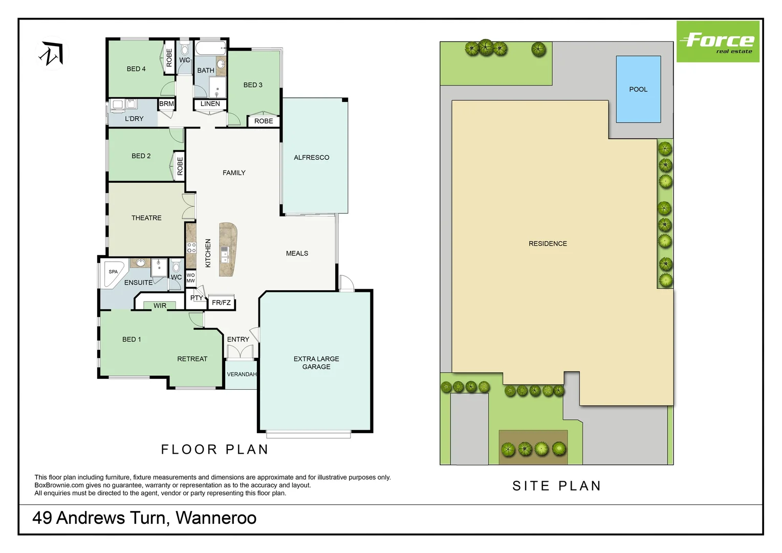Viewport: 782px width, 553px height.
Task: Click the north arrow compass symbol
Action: point(52,54)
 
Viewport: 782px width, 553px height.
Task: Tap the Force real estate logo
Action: point(718,42)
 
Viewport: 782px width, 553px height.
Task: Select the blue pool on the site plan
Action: point(638,89)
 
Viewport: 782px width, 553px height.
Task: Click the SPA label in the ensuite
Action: point(113,272)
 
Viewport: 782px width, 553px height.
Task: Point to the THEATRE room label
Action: point(146,218)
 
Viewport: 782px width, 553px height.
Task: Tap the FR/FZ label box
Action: point(221,303)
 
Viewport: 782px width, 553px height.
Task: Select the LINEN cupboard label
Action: point(210,104)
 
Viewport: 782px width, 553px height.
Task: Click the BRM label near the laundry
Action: point(166,104)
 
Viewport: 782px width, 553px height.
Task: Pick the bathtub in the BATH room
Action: point(210,49)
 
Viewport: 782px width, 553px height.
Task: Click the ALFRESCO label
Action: point(311,158)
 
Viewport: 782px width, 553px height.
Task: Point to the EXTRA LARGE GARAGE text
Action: point(316,363)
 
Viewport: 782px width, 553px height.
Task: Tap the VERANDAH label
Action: point(242,374)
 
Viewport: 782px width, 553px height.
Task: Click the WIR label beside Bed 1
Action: point(160,306)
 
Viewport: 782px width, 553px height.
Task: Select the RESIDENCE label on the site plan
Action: point(548,244)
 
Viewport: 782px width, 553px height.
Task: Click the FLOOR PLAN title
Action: point(214,450)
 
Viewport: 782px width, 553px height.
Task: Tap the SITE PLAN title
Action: point(556,486)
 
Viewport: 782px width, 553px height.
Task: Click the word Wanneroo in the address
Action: point(216,518)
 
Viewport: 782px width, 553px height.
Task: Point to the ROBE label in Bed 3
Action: point(264,121)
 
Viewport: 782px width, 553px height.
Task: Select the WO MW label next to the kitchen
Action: point(190,278)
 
